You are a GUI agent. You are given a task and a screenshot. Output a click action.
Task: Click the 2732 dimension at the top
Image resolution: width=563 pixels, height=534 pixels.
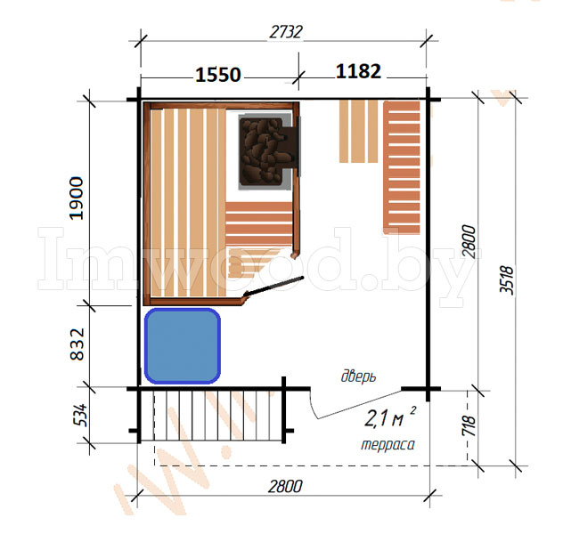pyautogui.click(x=286, y=32)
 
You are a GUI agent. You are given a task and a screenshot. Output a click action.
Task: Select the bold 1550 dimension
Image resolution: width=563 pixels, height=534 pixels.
pyautogui.click(x=218, y=75)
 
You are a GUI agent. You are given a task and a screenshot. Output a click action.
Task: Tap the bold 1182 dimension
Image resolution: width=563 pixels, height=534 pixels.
pyautogui.click(x=358, y=71)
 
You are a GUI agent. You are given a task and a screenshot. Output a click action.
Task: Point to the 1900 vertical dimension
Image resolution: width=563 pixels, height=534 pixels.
pyautogui.click(x=76, y=198)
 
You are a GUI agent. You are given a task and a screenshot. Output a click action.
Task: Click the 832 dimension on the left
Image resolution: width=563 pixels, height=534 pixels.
pyautogui.click(x=77, y=344)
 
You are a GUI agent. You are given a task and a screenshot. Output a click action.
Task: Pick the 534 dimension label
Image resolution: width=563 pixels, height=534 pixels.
pyautogui.click(x=80, y=415)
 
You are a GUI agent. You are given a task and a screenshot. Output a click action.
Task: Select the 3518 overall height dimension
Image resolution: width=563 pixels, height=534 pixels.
pyautogui.click(x=507, y=280)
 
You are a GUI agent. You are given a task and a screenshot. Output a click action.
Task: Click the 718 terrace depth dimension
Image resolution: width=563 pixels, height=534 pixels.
pyautogui.click(x=469, y=425)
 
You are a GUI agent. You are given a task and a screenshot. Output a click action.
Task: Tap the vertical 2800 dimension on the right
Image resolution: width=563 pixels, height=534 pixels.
pyautogui.click(x=469, y=242)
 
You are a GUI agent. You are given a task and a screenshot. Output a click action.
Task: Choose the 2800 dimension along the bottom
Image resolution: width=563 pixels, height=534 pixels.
pyautogui.click(x=285, y=487)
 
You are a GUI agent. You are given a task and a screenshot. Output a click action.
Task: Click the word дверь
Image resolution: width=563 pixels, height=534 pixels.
pyautogui.click(x=358, y=376)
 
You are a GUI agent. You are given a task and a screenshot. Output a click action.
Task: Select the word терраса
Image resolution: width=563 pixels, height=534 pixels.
pyautogui.click(x=388, y=445)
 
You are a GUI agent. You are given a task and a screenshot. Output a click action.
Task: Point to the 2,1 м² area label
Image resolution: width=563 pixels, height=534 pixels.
pyautogui.click(x=390, y=417)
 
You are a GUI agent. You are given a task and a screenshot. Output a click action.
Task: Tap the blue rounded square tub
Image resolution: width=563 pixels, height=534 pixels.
pyautogui.click(x=183, y=345)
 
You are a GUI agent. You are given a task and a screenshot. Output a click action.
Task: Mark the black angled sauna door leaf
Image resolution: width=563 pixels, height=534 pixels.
pyautogui.click(x=273, y=286)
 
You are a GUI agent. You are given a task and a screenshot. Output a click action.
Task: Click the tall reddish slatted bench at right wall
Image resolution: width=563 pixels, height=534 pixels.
pyautogui.click(x=402, y=167)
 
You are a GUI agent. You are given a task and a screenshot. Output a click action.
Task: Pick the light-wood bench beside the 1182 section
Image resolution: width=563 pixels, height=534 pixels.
pyautogui.click(x=358, y=131)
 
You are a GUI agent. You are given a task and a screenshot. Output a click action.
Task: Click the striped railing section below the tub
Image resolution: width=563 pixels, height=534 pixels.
pyautogui.click(x=211, y=416)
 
